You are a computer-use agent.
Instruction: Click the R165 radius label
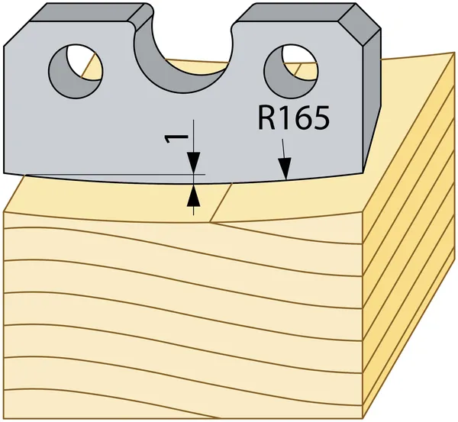click(x=294, y=118)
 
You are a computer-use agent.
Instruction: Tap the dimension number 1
click(x=176, y=139)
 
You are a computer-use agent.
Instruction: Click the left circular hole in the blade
click(x=76, y=71)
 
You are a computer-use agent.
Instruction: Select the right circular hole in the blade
click(x=291, y=71)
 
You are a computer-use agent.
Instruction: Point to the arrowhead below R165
click(x=285, y=168)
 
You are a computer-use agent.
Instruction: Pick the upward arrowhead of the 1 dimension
click(x=194, y=195)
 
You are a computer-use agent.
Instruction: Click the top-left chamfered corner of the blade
click(x=18, y=33)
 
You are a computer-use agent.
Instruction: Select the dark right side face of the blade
click(x=372, y=99)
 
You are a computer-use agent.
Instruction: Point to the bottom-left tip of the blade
click(x=4, y=172)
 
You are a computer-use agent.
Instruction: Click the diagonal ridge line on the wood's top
click(x=221, y=203)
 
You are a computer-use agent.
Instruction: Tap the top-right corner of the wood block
click(x=454, y=53)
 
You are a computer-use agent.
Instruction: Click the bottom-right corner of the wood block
click(x=363, y=418)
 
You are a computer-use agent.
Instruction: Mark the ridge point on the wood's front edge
click(x=211, y=223)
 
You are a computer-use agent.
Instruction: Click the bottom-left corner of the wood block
click(x=4, y=418)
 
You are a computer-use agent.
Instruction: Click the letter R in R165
click(x=266, y=118)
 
